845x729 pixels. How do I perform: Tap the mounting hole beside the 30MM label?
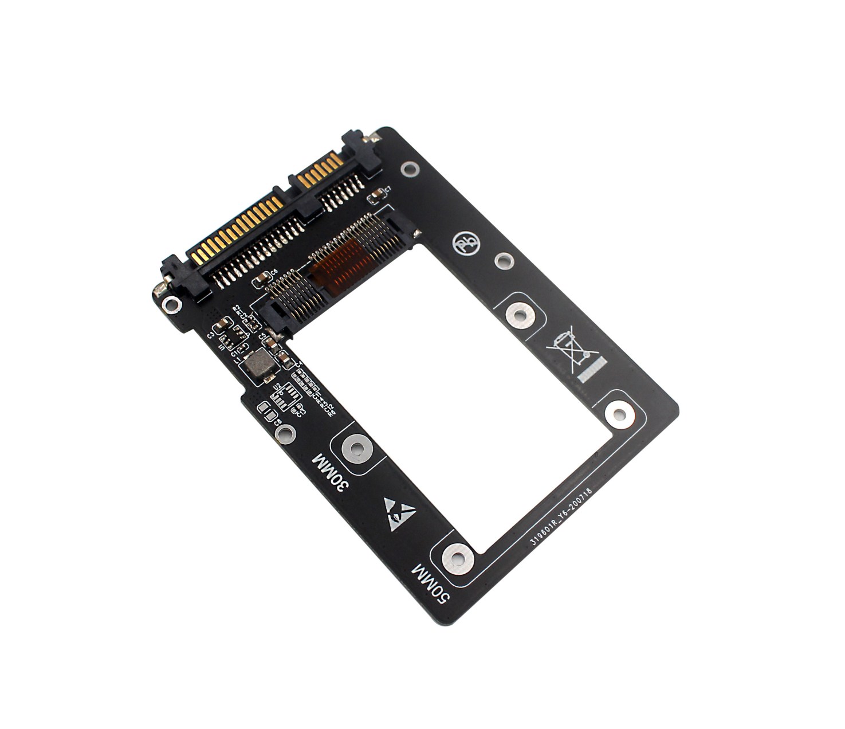coord(356,449)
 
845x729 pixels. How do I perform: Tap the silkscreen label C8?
coord(278,422)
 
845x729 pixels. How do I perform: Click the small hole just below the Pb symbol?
coord(503,261)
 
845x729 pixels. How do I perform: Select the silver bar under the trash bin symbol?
coord(591,370)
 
